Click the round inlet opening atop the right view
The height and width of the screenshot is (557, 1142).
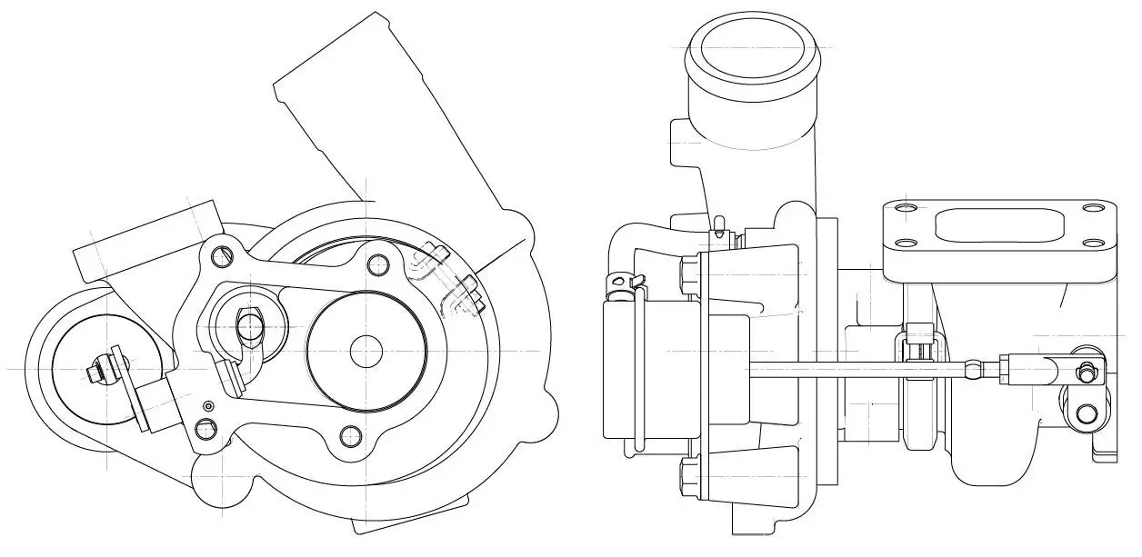pyautogui.click(x=754, y=46)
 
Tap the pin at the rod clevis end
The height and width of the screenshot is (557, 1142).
pyautogui.click(x=1085, y=371)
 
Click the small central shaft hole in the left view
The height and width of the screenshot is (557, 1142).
pyautogui.click(x=366, y=349)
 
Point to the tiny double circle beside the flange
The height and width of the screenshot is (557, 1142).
pyautogui.click(x=208, y=404)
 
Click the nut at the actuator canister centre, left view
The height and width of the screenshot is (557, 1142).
pyautogui.click(x=95, y=371)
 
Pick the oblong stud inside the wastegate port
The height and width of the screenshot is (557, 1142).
pyautogui.click(x=248, y=324)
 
